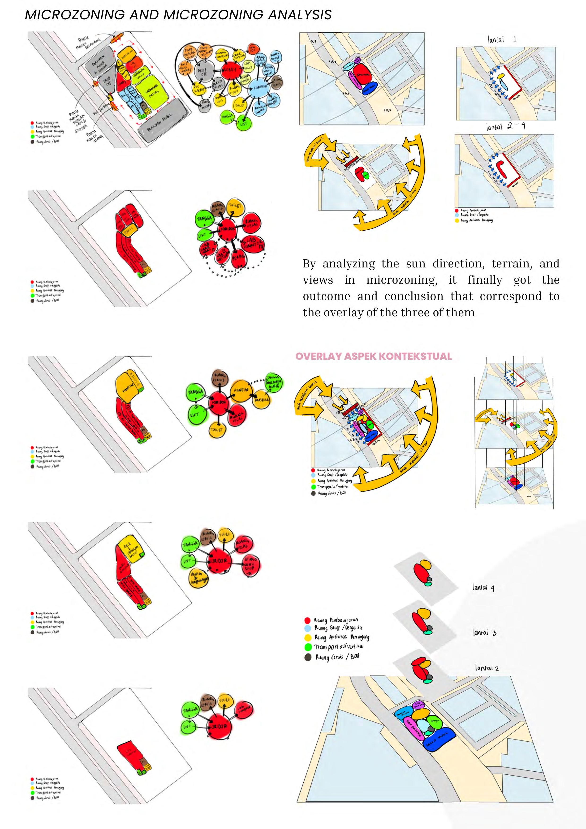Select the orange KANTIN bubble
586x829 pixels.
(241, 391)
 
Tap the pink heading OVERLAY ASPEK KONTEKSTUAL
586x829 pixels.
(373, 356)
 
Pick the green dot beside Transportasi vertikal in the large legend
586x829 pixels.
(308, 647)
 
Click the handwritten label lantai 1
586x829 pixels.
(502, 39)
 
